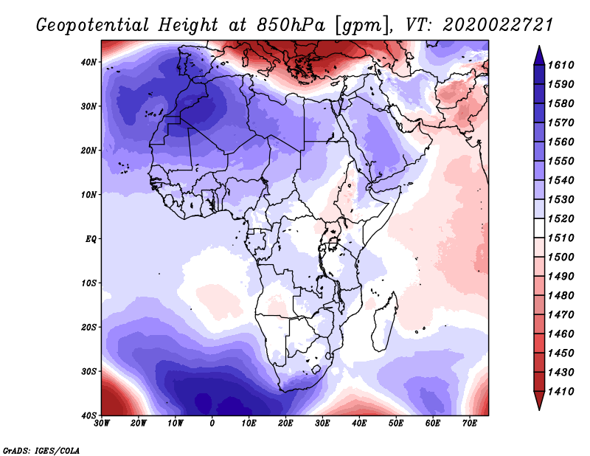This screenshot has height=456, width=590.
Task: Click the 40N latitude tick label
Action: tap(88, 62)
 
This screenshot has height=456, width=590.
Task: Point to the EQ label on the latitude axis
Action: tap(91, 239)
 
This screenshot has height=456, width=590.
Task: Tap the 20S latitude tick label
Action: tap(88, 327)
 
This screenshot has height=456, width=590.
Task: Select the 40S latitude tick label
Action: tap(88, 415)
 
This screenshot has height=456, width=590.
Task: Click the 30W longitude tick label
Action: tap(102, 424)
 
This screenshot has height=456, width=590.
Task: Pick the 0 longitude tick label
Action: tap(212, 424)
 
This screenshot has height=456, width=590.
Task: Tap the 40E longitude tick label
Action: tap(359, 424)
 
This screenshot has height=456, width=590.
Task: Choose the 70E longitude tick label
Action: tap(470, 424)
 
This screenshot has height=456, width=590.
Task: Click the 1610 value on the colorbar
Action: tap(560, 65)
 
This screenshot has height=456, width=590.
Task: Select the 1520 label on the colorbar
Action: tap(560, 218)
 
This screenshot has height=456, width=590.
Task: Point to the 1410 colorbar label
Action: tap(560, 392)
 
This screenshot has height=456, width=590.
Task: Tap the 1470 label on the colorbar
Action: tap(560, 315)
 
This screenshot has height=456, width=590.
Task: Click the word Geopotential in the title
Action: tap(93, 26)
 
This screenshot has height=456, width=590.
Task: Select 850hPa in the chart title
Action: tap(291, 25)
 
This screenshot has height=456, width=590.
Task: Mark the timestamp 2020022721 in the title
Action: tap(498, 25)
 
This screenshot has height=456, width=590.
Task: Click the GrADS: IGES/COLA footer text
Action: tap(41, 450)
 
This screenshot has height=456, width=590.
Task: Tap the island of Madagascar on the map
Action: tap(384, 324)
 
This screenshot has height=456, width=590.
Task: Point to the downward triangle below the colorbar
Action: tap(539, 401)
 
